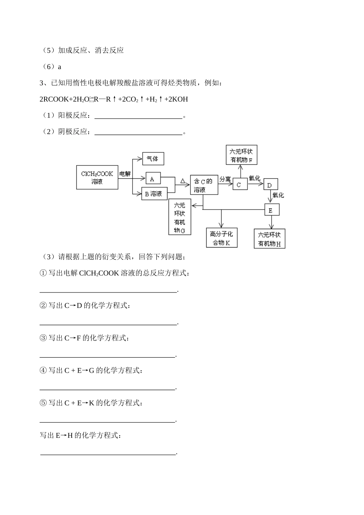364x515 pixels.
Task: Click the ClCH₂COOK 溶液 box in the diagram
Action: (97, 178)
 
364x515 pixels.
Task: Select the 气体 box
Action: (153, 158)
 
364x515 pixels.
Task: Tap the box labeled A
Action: (152, 179)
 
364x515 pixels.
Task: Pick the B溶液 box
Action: (154, 194)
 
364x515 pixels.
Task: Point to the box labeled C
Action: (239, 185)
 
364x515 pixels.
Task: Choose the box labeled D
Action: (270, 185)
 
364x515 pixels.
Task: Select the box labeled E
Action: (271, 210)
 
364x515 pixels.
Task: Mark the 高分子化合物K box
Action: (221, 238)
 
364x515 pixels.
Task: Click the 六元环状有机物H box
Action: (269, 239)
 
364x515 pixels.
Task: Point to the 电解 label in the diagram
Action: (125, 173)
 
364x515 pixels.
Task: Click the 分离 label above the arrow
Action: (225, 178)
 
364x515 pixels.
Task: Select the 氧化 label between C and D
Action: (254, 178)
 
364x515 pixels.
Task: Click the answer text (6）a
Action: (52, 67)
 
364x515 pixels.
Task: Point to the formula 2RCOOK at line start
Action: (54, 99)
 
